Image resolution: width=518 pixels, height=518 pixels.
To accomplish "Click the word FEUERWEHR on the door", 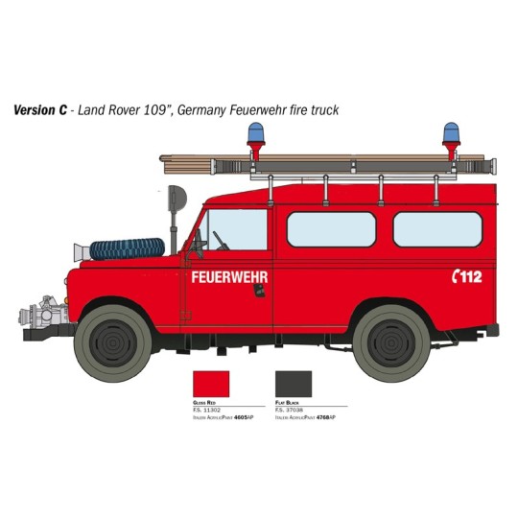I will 229,277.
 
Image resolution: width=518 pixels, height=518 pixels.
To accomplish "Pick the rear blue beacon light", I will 451,133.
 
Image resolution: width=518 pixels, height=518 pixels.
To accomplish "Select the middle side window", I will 331,229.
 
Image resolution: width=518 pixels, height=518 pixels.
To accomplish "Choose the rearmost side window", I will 437,229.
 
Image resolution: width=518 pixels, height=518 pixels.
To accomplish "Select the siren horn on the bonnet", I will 83,252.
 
